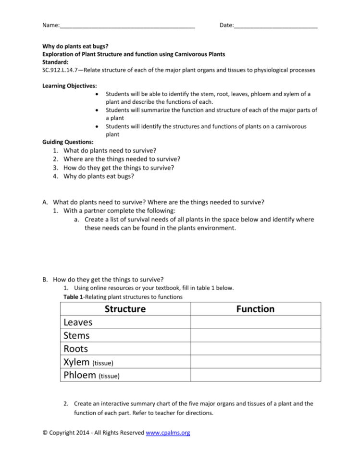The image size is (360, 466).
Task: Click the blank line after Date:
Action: [275, 25]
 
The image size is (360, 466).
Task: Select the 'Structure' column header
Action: [126, 309]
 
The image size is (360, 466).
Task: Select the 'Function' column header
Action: [255, 309]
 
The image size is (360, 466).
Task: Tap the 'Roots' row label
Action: [76, 349]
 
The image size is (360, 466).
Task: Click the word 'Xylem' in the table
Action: [76, 362]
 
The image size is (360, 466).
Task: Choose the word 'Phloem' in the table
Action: [79, 375]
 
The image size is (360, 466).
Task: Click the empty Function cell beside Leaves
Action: [255, 322]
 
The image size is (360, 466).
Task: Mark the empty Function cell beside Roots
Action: [255, 349]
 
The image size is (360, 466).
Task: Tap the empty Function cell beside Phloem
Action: [255, 375]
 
